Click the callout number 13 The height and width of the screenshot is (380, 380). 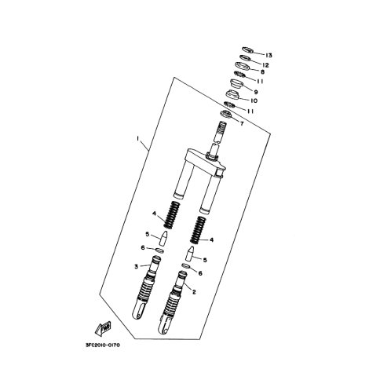[x=269, y=56]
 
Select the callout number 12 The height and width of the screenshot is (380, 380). [x=265, y=65]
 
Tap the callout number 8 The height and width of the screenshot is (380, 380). [x=262, y=71]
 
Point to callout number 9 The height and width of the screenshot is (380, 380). [x=256, y=92]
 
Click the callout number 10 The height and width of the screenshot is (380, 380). [x=254, y=100]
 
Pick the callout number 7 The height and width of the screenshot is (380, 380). [x=242, y=123]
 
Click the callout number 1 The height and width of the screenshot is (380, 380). [x=138, y=138]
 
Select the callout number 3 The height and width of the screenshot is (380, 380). [x=136, y=267]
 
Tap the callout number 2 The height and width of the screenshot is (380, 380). [x=194, y=292]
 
